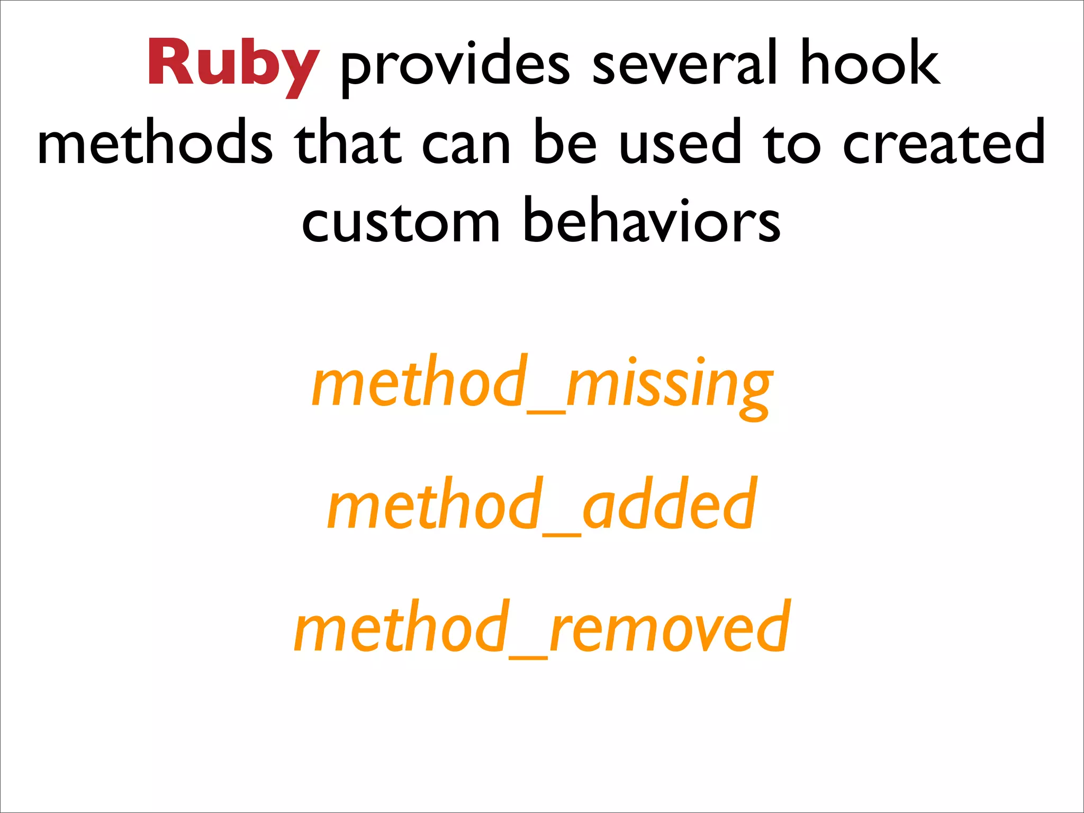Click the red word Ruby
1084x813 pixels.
click(233, 64)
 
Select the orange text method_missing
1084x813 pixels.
click(542, 384)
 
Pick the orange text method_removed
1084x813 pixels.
click(542, 627)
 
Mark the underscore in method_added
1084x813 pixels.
click(562, 535)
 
